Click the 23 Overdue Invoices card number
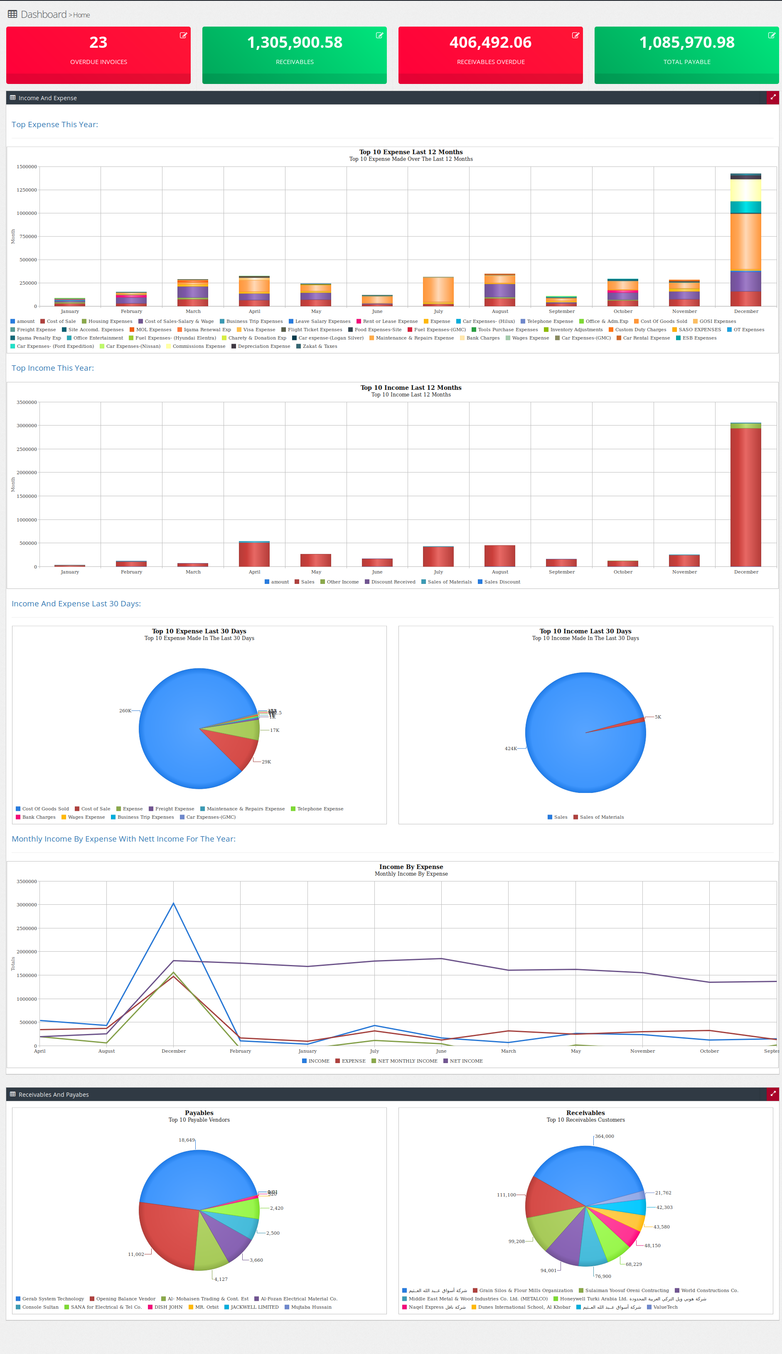point(98,42)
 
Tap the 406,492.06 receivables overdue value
point(490,42)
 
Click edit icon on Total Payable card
point(771,35)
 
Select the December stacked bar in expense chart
point(745,242)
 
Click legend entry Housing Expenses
point(110,321)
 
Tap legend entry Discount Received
point(393,582)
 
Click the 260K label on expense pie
point(125,711)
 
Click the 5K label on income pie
point(658,717)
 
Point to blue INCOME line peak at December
point(173,903)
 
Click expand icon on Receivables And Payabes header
point(773,1093)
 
